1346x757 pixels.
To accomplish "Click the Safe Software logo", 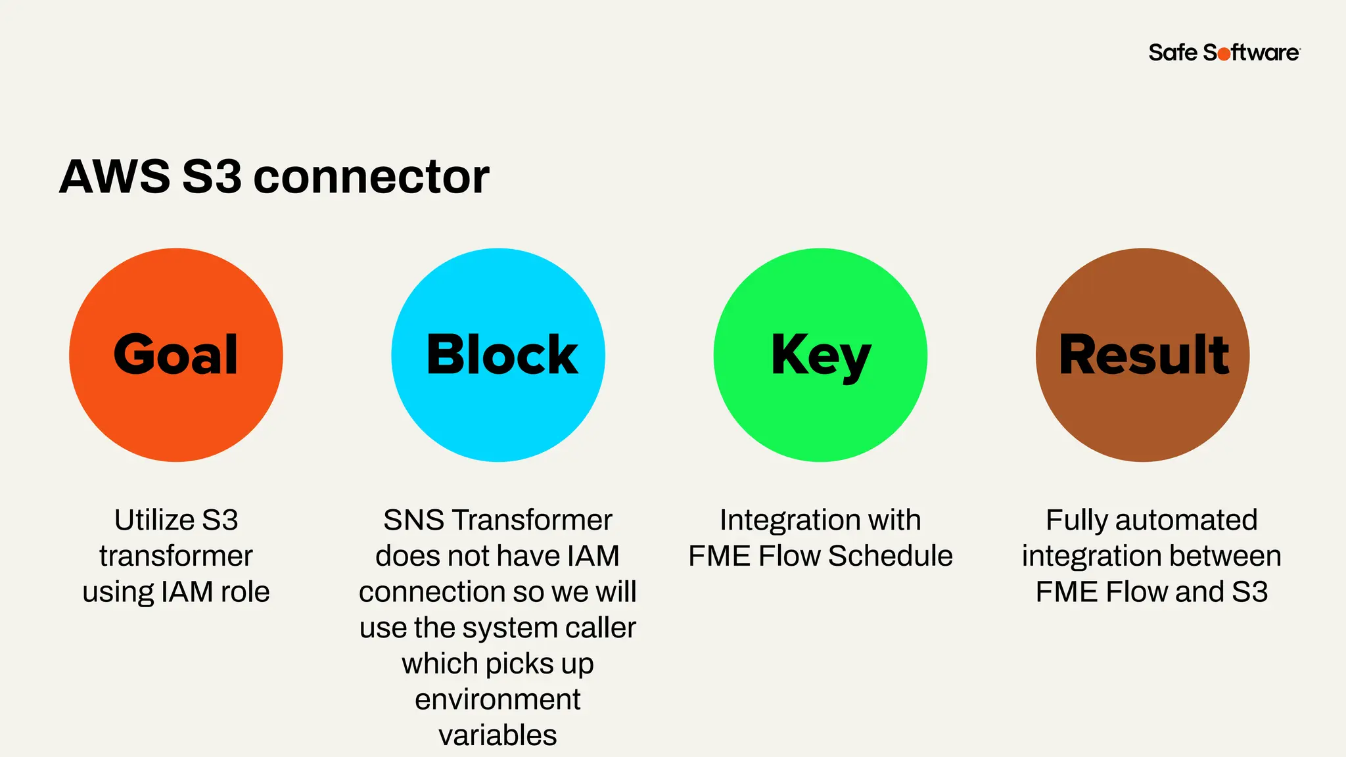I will click(1224, 53).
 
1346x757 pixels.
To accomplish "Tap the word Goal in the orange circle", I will click(175, 355).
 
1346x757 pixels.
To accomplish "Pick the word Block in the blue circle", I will click(501, 355).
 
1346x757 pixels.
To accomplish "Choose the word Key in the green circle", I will click(820, 356).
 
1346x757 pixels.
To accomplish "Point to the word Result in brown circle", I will click(1144, 355).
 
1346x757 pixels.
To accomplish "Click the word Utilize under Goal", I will click(155, 520).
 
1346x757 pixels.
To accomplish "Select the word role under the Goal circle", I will click(244, 592).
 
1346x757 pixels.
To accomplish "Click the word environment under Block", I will click(498, 700).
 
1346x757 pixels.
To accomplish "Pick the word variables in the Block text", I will click(498, 735).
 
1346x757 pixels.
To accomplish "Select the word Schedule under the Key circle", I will click(890, 557).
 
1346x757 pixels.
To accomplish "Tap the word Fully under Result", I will click(1076, 520).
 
